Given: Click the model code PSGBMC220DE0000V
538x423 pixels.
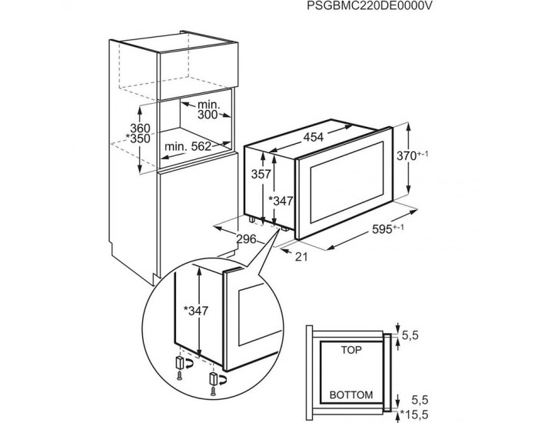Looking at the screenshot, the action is (369, 5).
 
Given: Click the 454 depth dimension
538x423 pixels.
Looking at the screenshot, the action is (314, 137).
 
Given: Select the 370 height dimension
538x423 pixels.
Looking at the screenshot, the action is (412, 155).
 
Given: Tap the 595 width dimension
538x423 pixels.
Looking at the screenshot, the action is (387, 229).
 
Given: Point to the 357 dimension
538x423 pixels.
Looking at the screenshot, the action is (261, 175).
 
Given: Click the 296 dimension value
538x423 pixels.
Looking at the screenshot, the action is (246, 238).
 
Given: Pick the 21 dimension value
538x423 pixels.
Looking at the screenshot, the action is (301, 256).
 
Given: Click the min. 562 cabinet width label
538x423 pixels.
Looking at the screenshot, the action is (188, 147).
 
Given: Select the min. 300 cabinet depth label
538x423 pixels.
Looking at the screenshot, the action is (208, 109).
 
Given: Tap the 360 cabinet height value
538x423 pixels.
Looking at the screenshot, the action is (140, 128).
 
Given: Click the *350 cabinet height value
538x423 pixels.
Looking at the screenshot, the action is (138, 138).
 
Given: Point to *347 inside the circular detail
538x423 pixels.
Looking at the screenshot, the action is (196, 311).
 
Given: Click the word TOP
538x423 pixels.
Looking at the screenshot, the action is (351, 350).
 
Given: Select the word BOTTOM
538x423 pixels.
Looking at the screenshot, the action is (351, 395).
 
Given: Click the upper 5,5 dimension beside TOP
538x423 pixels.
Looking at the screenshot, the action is (410, 335).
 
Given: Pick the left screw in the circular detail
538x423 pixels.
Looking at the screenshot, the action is (179, 376).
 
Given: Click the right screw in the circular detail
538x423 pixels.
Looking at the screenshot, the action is (213, 391).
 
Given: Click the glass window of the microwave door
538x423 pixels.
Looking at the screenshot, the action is (347, 182).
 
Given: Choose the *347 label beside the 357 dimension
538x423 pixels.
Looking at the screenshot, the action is (281, 201).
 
